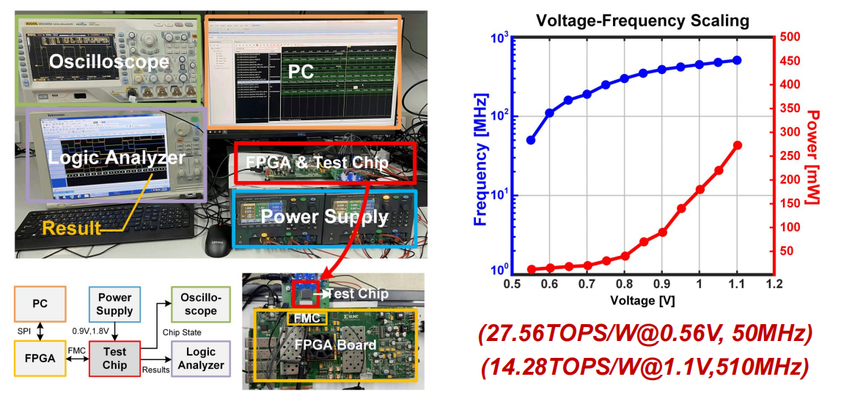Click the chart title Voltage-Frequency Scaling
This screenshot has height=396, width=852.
point(642,21)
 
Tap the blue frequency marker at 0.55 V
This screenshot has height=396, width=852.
point(531,140)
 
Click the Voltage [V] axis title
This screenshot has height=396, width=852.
point(642,300)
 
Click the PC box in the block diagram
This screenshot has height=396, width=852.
point(40,303)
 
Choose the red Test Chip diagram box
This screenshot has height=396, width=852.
point(114,358)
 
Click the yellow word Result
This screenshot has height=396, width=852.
point(71,227)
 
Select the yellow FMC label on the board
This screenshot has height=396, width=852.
point(302,320)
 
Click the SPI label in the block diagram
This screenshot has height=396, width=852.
point(23,331)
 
